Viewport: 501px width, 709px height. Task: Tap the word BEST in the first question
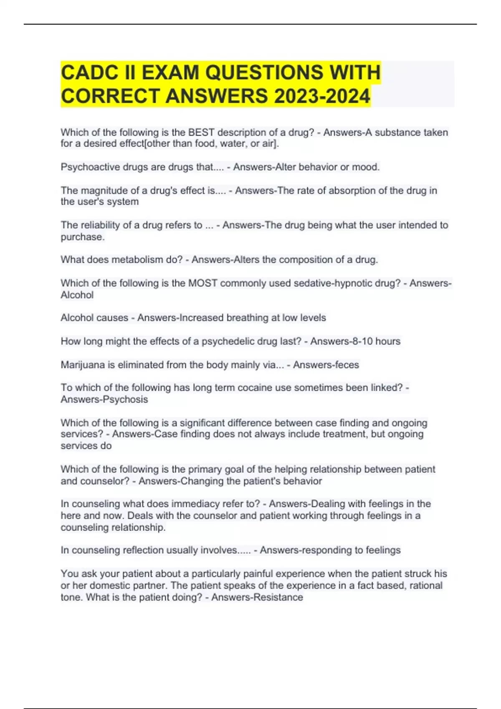pos(201,133)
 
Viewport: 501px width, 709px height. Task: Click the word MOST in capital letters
pos(202,283)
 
